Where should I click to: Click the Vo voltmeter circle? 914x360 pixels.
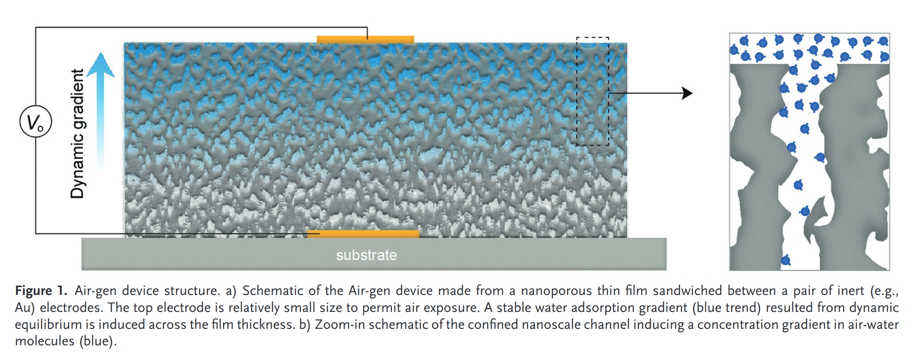coord(36,121)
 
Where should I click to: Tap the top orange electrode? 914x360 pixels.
coord(365,40)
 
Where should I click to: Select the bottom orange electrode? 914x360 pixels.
coord(363,234)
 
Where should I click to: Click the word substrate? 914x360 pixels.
coord(366,255)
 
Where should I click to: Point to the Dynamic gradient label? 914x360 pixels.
coord(77,134)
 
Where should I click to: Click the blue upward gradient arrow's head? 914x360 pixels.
coord(100,65)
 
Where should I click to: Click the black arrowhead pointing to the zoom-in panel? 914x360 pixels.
coord(688,94)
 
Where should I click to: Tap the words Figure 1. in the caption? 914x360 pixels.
coord(41,291)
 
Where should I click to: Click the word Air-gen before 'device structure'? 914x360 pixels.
coord(95,291)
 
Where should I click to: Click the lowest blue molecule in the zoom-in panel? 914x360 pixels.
coord(785,260)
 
